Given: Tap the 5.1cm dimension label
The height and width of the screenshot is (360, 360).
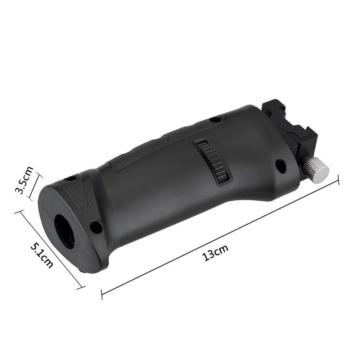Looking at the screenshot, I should [42, 255].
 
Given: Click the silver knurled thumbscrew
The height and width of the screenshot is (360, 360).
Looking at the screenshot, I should [317, 169].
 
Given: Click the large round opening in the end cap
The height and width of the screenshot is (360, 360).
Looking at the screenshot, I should [64, 230].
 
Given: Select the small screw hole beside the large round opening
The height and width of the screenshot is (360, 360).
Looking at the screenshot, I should [96, 227].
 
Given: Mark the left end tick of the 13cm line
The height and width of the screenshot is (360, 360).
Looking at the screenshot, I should [102, 294].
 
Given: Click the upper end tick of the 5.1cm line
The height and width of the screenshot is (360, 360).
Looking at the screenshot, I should [16, 212].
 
